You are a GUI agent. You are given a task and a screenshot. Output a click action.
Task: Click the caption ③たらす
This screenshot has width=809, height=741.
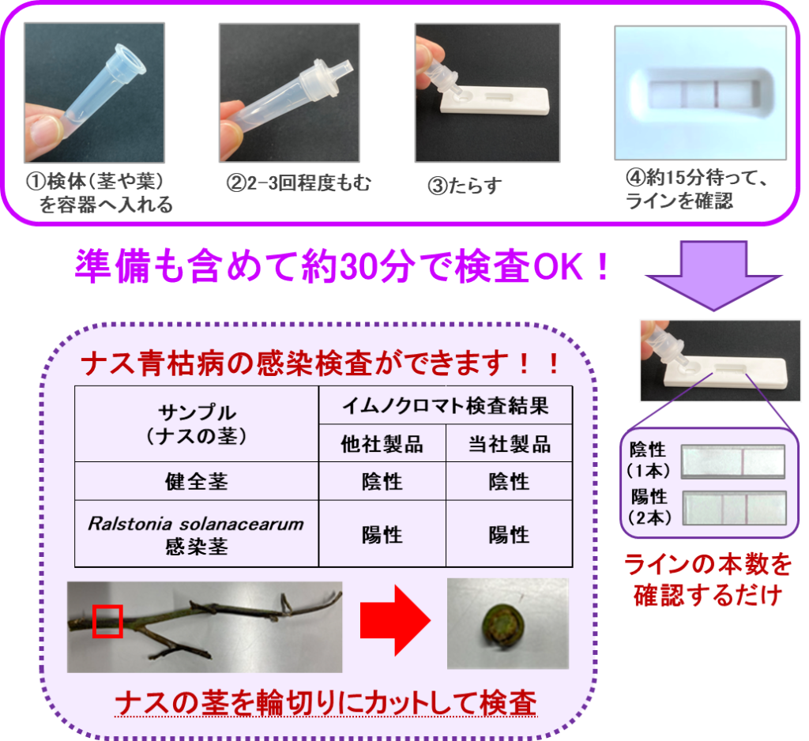(x=465, y=186)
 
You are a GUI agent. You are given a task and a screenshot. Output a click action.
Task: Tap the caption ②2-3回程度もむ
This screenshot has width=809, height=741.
(x=298, y=183)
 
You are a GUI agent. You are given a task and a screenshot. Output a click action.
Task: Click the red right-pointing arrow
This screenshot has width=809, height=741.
(x=395, y=620)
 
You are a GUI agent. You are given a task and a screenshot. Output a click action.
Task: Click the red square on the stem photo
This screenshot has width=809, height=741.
(x=107, y=621)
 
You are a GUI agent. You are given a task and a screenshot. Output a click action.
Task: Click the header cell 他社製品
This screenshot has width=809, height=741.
(x=382, y=444)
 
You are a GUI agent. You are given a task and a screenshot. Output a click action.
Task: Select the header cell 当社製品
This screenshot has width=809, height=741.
(x=510, y=444)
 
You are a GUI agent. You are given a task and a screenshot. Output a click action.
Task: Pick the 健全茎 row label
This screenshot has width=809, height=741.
(x=197, y=481)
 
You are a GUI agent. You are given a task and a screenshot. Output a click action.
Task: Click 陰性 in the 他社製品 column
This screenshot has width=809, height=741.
(x=382, y=481)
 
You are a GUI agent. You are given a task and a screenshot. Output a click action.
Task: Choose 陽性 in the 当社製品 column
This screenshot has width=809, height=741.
(x=510, y=535)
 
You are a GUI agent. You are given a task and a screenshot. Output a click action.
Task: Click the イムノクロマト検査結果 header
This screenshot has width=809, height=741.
(x=446, y=405)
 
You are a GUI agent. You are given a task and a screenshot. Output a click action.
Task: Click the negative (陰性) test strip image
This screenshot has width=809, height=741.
(x=733, y=461)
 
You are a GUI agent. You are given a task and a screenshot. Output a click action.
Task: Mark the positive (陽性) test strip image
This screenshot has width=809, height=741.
(x=734, y=508)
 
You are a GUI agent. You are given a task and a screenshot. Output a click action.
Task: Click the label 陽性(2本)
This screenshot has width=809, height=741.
(x=649, y=507)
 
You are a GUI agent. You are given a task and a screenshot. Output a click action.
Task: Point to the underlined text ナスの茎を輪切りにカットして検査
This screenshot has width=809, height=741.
(x=326, y=703)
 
